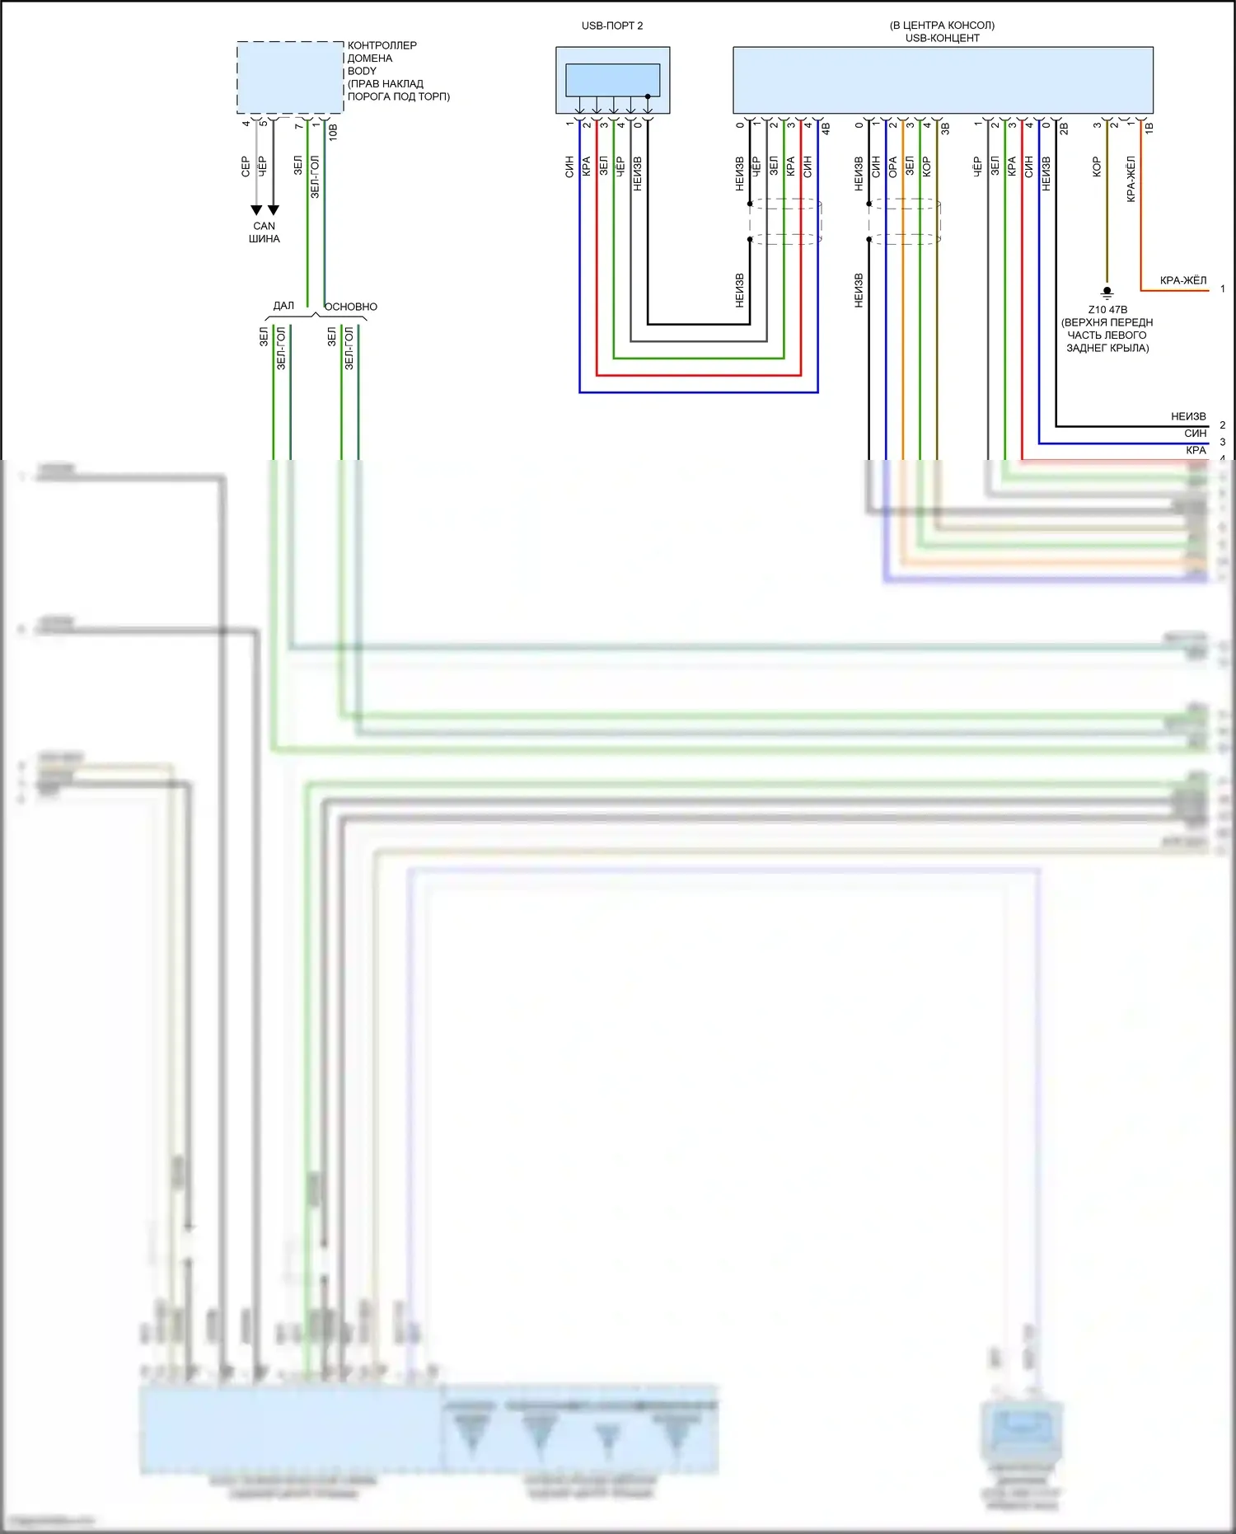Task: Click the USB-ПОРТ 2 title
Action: coord(612,26)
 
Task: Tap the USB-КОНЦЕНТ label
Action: coord(942,38)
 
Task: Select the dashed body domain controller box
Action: coord(290,77)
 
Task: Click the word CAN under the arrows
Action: coord(264,226)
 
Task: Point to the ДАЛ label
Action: coord(283,306)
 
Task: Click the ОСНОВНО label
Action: coord(351,307)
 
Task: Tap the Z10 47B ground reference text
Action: coord(1107,310)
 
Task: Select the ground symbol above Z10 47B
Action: coord(1107,292)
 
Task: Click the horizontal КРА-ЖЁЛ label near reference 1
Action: coord(1182,280)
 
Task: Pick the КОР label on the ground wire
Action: coord(1097,167)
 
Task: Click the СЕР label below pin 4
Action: coord(246,167)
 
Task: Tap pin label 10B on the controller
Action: coord(333,131)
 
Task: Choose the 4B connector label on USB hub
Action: coord(825,129)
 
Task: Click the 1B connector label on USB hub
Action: coord(1149,128)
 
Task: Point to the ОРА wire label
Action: coord(892,167)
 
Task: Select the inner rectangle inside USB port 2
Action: coord(612,80)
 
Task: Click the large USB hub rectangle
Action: coord(943,80)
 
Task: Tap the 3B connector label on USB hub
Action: coord(944,129)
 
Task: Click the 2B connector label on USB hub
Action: coord(1063,129)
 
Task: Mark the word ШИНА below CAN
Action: coord(264,239)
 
